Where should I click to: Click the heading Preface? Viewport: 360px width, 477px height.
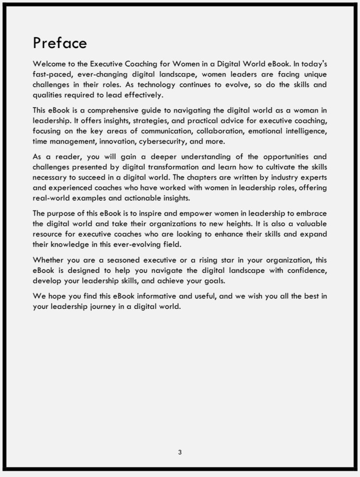click(x=60, y=43)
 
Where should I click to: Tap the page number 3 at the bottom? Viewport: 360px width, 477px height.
click(x=180, y=452)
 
